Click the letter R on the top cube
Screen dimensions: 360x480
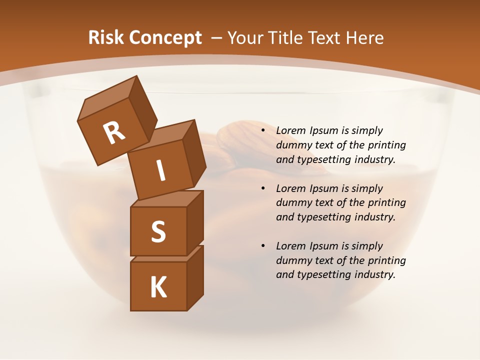(114, 133)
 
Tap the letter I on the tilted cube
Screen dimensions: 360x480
(160, 170)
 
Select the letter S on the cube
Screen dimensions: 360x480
(158, 231)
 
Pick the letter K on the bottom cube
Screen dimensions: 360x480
(158, 287)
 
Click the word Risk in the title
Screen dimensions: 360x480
(105, 38)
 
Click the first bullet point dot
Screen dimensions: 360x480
(262, 131)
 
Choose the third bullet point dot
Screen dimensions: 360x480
(262, 246)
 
